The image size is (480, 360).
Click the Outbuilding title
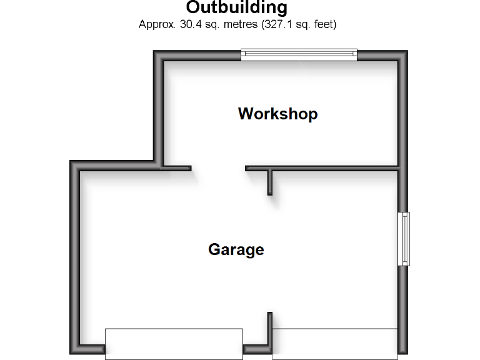tap(237, 8)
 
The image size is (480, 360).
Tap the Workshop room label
tap(277, 114)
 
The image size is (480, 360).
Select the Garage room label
tap(236, 250)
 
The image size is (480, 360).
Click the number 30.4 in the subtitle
tap(180, 25)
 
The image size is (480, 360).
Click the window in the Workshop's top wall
tap(299, 55)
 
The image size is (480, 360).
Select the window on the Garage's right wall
tap(404, 239)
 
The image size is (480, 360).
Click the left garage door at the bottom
tap(174, 343)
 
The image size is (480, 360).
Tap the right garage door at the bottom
tap(335, 343)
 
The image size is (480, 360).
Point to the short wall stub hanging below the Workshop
tap(270, 182)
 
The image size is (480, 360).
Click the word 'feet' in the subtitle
tap(324, 25)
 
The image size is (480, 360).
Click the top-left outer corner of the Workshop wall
tap(155, 52)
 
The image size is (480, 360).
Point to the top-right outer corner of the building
tap(406, 52)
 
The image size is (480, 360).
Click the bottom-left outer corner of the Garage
tap(72, 353)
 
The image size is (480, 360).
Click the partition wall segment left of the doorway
tap(176, 168)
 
